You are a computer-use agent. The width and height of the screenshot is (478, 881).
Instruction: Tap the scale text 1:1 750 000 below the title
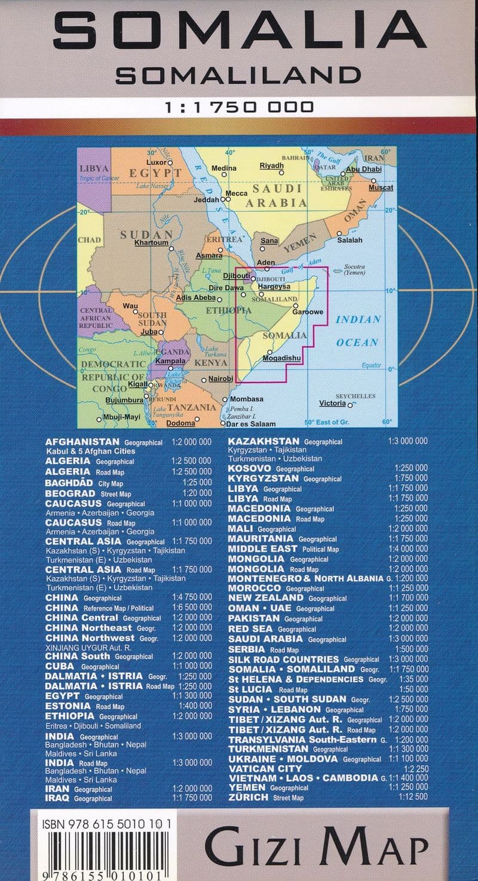(x=239, y=107)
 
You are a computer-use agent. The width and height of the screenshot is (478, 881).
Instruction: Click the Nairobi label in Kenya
(x=220, y=379)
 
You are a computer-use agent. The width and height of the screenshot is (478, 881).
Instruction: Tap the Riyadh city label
(x=271, y=166)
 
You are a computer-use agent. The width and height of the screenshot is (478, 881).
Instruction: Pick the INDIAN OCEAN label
(x=357, y=331)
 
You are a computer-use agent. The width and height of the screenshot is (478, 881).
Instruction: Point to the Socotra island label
(x=355, y=267)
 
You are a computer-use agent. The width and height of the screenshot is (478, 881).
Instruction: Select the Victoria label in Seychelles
(x=332, y=403)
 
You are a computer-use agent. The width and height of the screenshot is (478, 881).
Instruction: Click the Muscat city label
(x=381, y=188)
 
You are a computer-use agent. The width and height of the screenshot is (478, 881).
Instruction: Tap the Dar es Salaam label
(x=251, y=424)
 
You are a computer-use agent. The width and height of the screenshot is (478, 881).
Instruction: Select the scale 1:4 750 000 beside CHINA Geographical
(x=192, y=598)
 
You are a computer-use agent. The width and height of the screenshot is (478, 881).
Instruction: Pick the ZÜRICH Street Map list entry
(x=265, y=797)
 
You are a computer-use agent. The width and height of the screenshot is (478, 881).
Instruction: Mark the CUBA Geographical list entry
(x=82, y=666)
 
